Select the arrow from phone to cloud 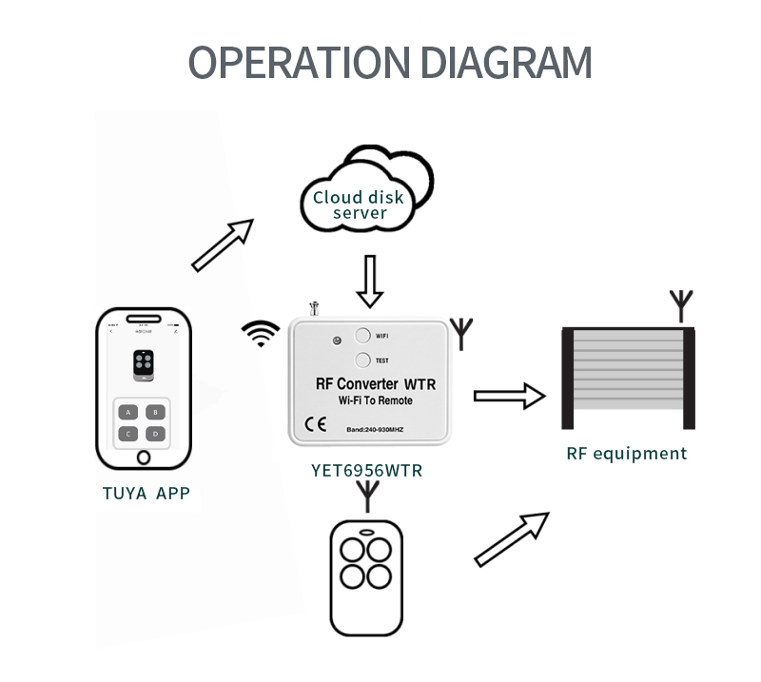(223, 244)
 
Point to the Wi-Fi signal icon (261, 334)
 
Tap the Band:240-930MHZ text (376, 429)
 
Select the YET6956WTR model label (367, 470)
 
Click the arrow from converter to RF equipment (509, 396)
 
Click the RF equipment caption (626, 454)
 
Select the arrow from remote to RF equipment (511, 538)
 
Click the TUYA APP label (146, 493)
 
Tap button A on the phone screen (128, 412)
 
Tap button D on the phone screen (156, 434)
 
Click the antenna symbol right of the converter (462, 332)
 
